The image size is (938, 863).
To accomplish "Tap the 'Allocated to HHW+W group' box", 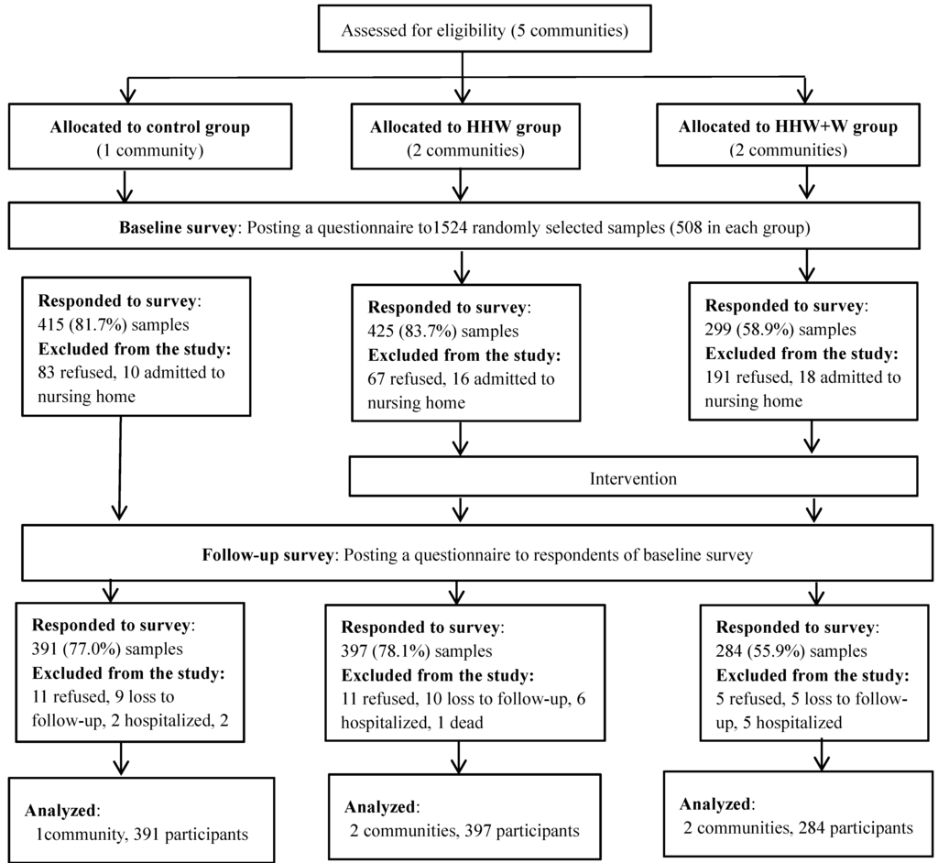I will (x=804, y=138).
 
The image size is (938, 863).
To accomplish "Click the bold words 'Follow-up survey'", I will (x=260, y=554).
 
